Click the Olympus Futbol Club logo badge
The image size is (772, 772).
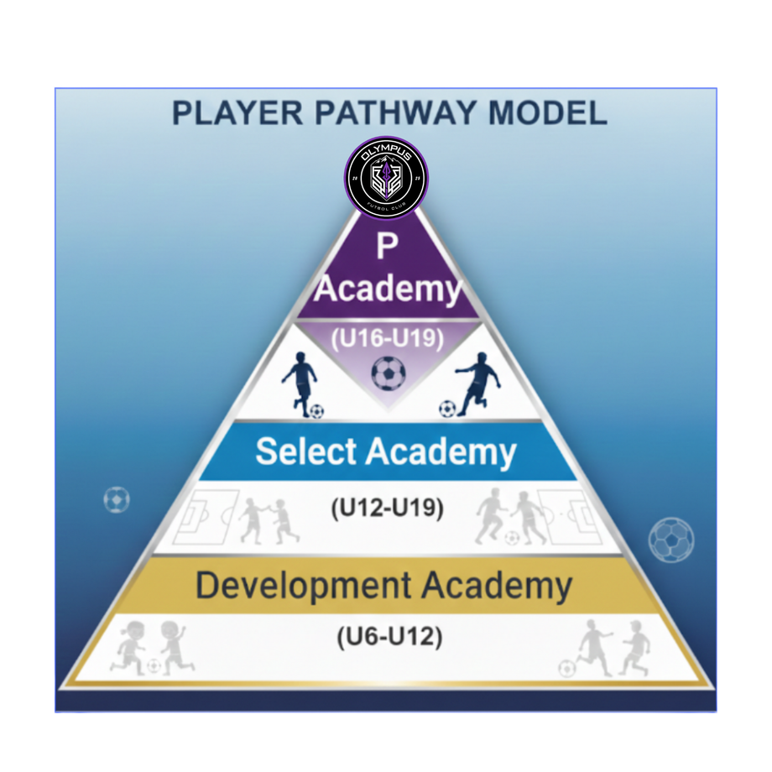tap(386, 177)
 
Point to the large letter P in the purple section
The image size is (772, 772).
tap(386, 247)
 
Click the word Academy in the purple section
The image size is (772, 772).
tap(389, 289)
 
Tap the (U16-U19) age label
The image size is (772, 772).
tap(387, 339)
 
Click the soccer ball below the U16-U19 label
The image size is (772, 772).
tap(388, 373)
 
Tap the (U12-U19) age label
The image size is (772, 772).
tap(387, 508)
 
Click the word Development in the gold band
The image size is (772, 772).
tap(305, 585)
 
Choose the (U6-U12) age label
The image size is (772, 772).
tap(388, 638)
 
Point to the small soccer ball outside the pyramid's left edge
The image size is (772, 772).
tap(117, 500)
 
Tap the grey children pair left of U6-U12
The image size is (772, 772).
tap(151, 648)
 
